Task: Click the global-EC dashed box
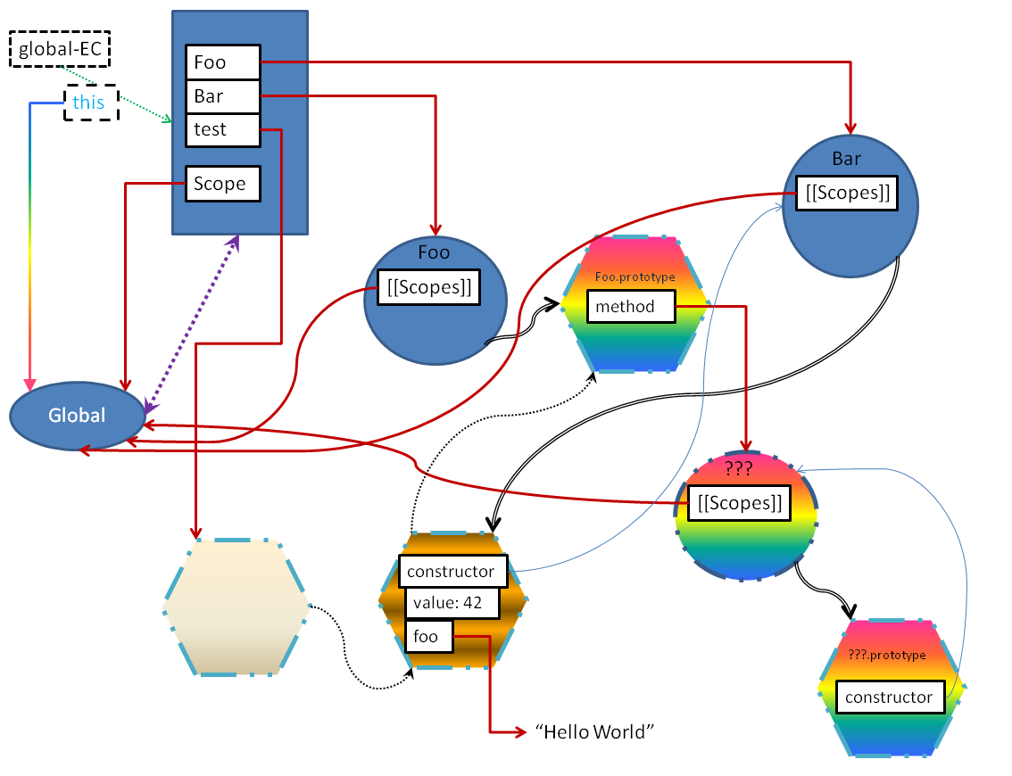[60, 49]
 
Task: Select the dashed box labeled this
[91, 103]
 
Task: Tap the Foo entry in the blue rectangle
[223, 62]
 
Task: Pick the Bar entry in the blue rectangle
[223, 96]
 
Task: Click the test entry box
[223, 129]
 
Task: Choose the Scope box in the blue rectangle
[223, 184]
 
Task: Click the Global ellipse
[78, 416]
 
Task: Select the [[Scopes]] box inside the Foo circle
[429, 287]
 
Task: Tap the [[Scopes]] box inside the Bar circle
[847, 193]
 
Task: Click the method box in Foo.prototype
[631, 307]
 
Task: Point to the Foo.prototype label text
[635, 277]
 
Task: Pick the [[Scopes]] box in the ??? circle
[740, 502]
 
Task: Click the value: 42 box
[452, 603]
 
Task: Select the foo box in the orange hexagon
[429, 637]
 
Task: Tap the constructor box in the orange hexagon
[453, 571]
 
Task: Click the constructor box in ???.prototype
[890, 697]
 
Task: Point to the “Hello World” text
[594, 732]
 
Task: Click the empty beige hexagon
[236, 607]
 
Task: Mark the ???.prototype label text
[887, 655]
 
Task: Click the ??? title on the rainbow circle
[738, 467]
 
